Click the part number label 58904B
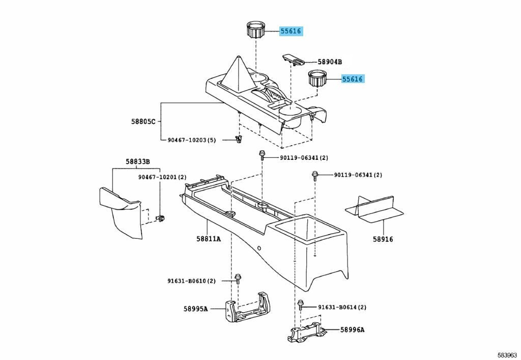click(x=330, y=62)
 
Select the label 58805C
click(x=143, y=122)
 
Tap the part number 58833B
click(x=137, y=162)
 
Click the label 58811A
click(x=208, y=239)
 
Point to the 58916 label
click(x=383, y=239)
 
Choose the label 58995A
click(x=195, y=309)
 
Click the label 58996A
click(x=352, y=330)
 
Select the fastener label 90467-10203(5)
click(x=192, y=140)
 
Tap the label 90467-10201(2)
click(x=162, y=178)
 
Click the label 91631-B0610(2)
click(x=191, y=281)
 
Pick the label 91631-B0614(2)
click(x=342, y=308)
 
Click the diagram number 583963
click(x=507, y=355)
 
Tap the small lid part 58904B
click(x=294, y=59)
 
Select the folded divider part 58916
click(x=374, y=209)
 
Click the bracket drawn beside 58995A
click(x=247, y=307)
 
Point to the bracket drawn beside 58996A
click(x=306, y=333)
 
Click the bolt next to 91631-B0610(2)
click(x=238, y=279)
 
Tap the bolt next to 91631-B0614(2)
click(x=301, y=304)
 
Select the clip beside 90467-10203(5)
click(x=238, y=140)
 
